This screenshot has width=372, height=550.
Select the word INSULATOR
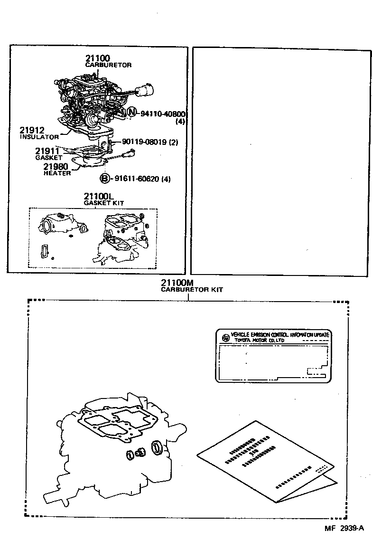[x=38, y=137]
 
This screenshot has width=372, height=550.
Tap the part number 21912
[x=32, y=130]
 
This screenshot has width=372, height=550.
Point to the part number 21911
[x=46, y=151]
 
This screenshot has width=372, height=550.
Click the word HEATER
[x=57, y=173]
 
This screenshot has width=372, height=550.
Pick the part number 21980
[x=56, y=167]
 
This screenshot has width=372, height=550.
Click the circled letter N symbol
[x=131, y=113]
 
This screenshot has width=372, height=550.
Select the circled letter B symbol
[x=104, y=179]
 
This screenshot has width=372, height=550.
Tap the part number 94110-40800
[x=163, y=114]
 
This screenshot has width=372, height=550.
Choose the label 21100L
[x=98, y=196]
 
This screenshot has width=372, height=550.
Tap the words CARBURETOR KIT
[x=191, y=289]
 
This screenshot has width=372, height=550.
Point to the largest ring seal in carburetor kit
[x=157, y=447]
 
